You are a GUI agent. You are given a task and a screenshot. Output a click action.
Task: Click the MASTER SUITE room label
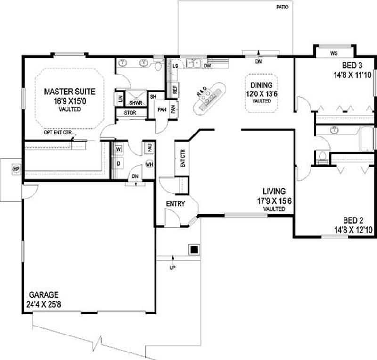click(70, 91)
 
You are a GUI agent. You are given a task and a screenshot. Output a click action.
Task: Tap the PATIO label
click(283, 8)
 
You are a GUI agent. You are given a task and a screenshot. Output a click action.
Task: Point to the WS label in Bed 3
click(334, 54)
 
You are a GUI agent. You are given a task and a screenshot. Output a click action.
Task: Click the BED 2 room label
click(353, 220)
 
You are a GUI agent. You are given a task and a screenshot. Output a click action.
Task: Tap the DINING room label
click(261, 85)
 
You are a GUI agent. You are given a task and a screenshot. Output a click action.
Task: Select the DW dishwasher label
click(207, 66)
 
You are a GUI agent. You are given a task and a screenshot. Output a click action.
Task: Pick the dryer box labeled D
click(118, 163)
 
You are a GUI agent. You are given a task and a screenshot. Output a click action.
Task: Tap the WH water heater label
click(149, 165)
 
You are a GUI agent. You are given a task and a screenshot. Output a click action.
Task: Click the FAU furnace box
click(149, 148)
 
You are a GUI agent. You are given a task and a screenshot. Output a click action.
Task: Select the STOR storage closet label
click(130, 113)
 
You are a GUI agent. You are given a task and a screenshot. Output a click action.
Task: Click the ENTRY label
click(175, 204)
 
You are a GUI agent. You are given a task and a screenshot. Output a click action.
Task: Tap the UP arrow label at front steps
click(172, 268)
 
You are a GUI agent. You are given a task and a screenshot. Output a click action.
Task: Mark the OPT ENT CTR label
click(57, 133)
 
